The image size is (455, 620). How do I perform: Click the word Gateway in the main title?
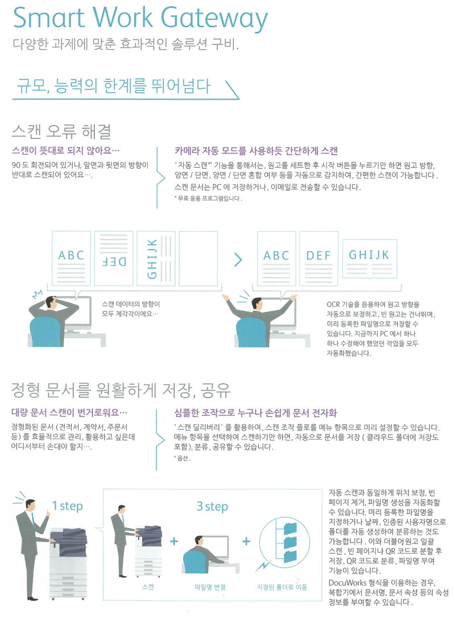pyautogui.click(x=214, y=18)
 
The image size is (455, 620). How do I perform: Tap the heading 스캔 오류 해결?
pyautogui.click(x=61, y=132)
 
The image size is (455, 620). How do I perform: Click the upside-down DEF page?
pyautogui.click(x=114, y=258)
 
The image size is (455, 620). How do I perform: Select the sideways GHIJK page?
pyautogui.click(x=156, y=258)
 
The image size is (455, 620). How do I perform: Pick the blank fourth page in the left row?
pyautogui.click(x=198, y=258)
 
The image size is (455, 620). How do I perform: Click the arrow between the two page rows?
pyautogui.click(x=238, y=260)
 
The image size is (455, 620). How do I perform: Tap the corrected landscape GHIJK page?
pyautogui.click(x=369, y=258)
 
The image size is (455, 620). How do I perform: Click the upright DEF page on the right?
pyautogui.click(x=318, y=258)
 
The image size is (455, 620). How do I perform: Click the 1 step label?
pyautogui.click(x=68, y=506)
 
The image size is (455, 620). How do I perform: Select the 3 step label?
pyautogui.click(x=213, y=506)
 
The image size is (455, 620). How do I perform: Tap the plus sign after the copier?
pyautogui.click(x=174, y=541)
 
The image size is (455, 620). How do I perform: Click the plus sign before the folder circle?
pyautogui.click(x=246, y=541)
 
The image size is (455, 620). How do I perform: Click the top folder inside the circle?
pyautogui.click(x=290, y=528)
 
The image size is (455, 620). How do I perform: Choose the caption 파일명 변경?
pyautogui.click(x=210, y=587)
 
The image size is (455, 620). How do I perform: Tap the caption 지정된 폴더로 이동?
pyautogui.click(x=282, y=587)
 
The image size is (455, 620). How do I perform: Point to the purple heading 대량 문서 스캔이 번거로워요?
pyautogui.click(x=69, y=413)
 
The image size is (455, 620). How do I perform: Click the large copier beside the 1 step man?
pyautogui.click(x=68, y=562)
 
